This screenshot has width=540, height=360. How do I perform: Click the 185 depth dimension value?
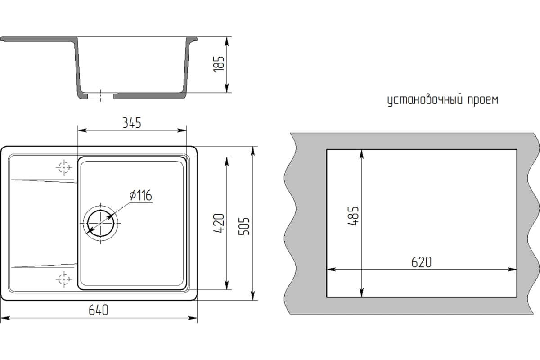tap(219, 64)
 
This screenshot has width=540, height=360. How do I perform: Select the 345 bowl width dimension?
tap(132, 123)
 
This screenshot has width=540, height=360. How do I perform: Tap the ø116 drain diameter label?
tap(140, 195)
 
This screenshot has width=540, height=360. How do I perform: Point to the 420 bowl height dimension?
tap(219, 223)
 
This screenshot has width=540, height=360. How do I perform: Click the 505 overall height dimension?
tap(244, 226)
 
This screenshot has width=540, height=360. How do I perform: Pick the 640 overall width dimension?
tap(99, 310)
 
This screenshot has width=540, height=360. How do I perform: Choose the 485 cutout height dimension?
tap(353, 216)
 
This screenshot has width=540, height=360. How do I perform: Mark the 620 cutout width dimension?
tap(421, 262)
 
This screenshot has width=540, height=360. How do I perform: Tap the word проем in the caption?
tap(483, 100)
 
